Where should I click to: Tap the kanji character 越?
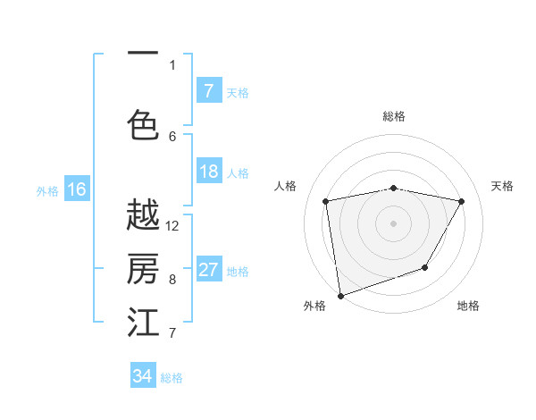(x=143, y=215)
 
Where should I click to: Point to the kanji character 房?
(x=143, y=269)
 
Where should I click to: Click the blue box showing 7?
(x=209, y=91)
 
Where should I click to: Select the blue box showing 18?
(x=209, y=172)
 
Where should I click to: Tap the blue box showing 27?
(x=209, y=270)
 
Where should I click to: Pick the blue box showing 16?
(x=77, y=189)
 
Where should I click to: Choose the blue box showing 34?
(x=143, y=376)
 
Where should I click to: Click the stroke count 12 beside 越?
(x=172, y=225)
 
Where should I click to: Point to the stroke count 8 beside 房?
(x=172, y=279)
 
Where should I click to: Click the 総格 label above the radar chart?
(x=394, y=116)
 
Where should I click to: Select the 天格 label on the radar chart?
(x=503, y=186)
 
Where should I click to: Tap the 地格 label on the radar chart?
(x=468, y=306)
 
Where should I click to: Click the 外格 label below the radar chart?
(x=314, y=306)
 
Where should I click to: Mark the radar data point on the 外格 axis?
(x=340, y=295)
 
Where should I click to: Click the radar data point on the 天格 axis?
(x=462, y=201)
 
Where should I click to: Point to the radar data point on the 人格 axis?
(x=326, y=201)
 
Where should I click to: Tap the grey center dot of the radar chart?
(x=394, y=223)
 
